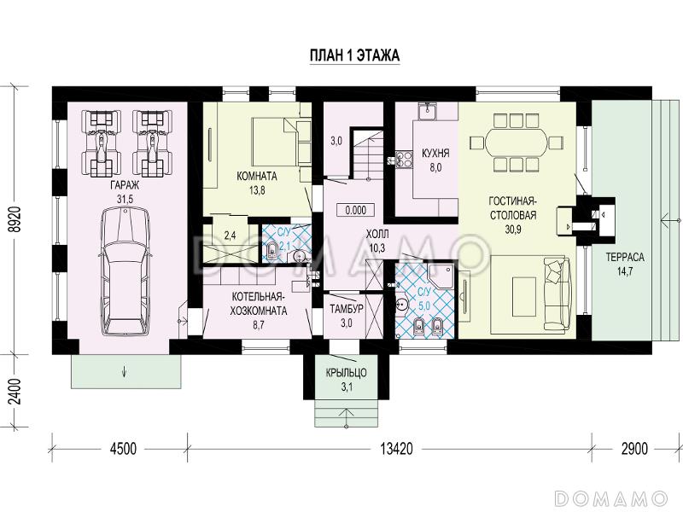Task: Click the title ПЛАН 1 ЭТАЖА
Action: point(354,55)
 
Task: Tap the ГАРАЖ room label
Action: point(125,185)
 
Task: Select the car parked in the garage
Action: point(125,271)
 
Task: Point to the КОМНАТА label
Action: point(257,177)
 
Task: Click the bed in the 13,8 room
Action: point(275,142)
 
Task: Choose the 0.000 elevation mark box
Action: point(356,210)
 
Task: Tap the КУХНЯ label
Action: point(435,154)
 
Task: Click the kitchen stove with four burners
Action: point(404,159)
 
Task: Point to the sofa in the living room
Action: point(557,292)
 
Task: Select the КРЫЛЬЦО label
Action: point(347,373)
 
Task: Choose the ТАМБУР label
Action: point(347,309)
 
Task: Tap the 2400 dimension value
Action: point(15,392)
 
